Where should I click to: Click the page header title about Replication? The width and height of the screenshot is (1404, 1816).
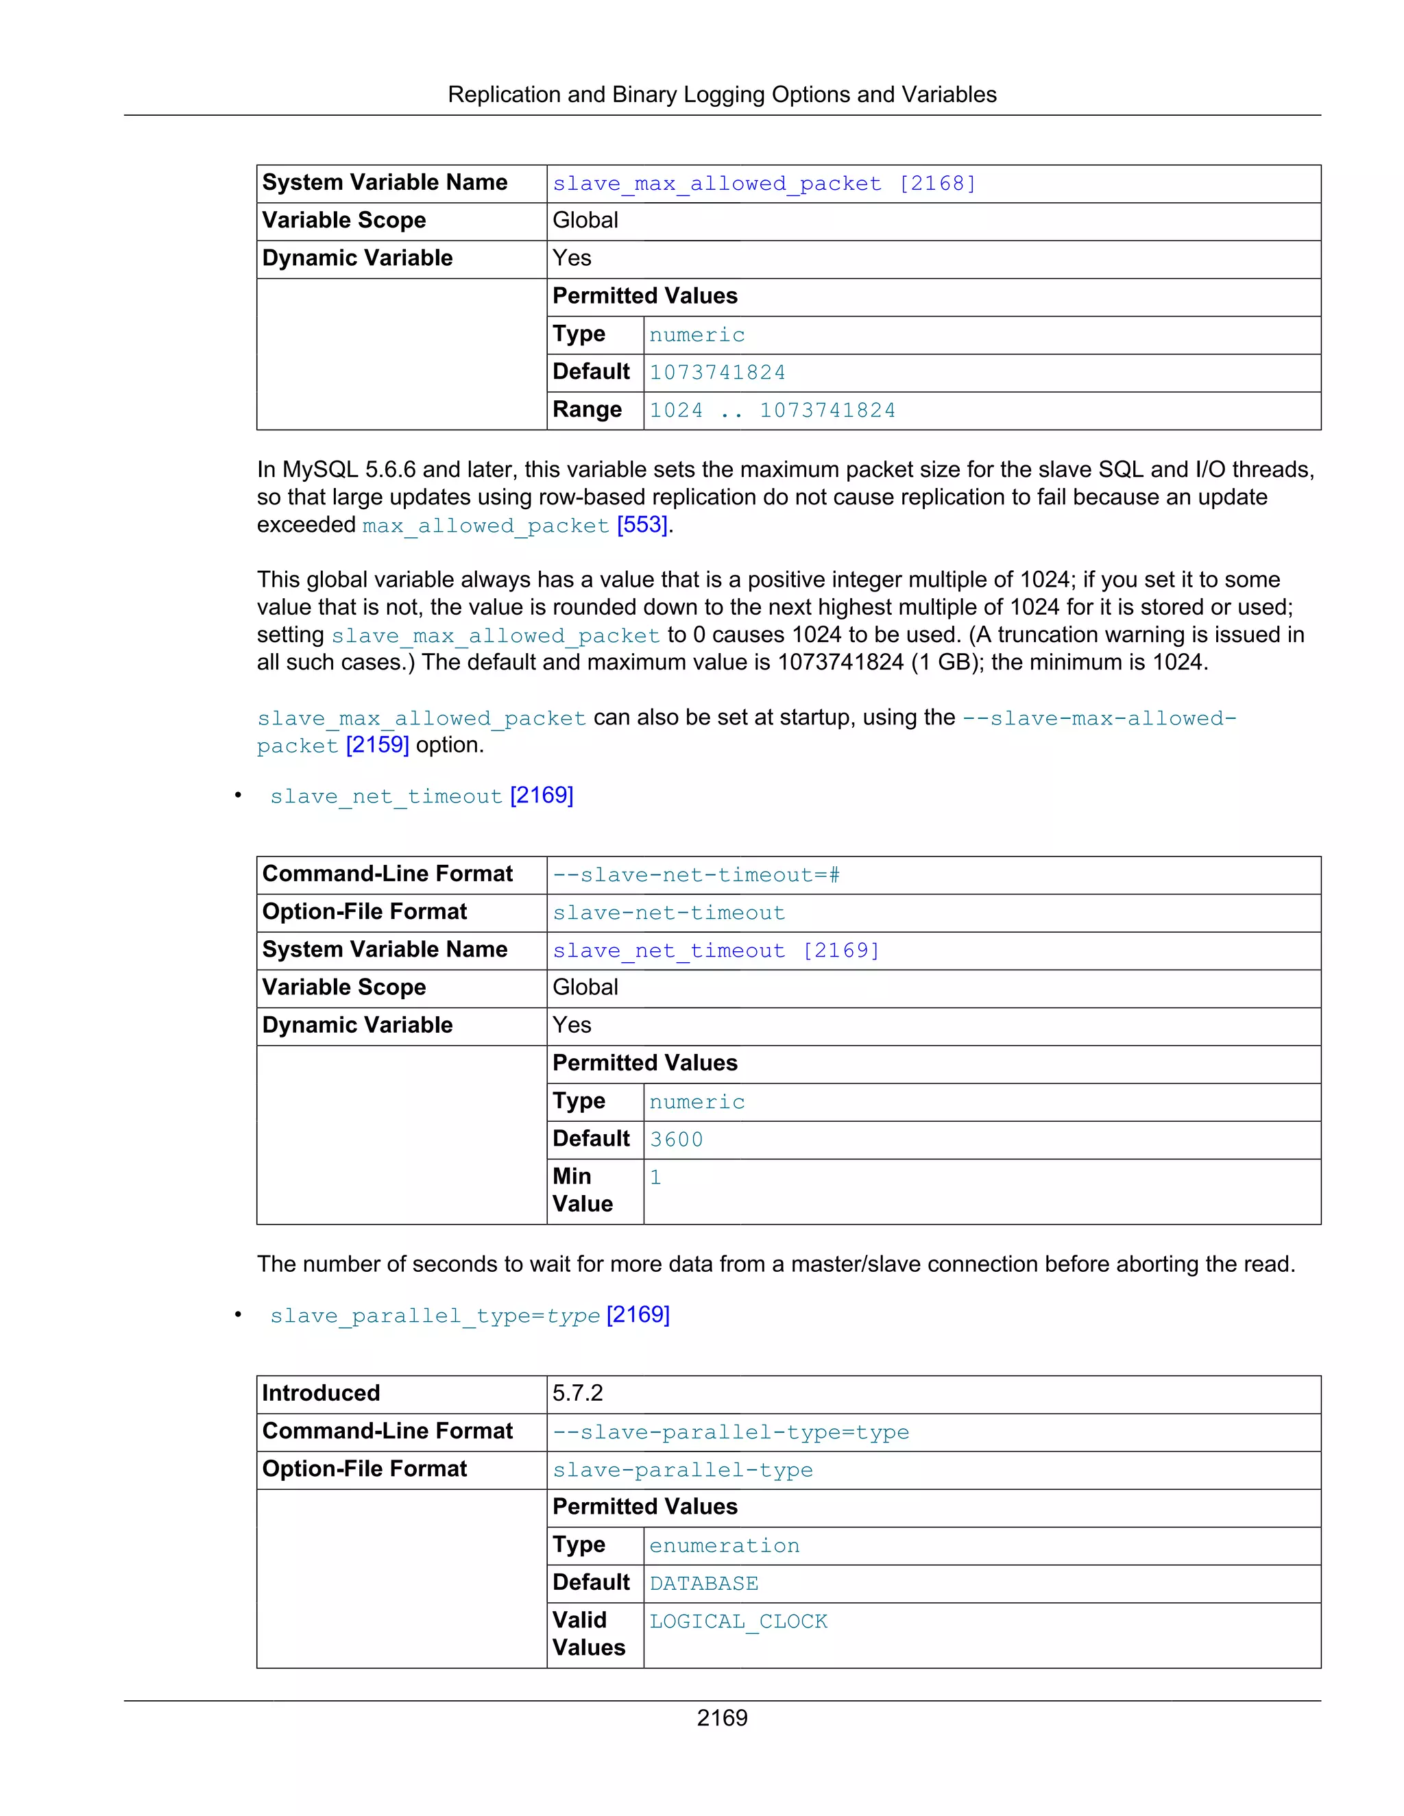[x=721, y=94]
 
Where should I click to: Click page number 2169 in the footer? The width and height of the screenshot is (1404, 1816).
[x=721, y=1717]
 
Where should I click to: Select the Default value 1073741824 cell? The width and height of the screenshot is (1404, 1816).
[x=717, y=373]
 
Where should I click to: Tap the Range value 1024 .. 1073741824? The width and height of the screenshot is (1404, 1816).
[x=771, y=410]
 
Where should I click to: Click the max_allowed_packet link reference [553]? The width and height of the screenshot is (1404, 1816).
[x=642, y=525]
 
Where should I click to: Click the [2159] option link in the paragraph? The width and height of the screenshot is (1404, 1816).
[x=377, y=744]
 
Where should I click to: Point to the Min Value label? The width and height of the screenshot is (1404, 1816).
[x=581, y=1190]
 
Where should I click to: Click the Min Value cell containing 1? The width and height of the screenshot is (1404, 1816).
[x=655, y=1177]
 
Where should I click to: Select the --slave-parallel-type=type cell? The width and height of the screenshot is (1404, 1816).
[x=730, y=1432]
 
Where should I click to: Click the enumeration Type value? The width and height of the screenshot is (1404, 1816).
[x=724, y=1546]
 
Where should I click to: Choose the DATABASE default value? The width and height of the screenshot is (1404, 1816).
[x=703, y=1583]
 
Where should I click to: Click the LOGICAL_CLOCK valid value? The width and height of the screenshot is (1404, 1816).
[x=738, y=1621]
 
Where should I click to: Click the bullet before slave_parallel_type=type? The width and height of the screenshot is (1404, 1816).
[x=238, y=1314]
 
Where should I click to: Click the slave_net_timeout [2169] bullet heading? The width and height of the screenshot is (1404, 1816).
[x=421, y=796]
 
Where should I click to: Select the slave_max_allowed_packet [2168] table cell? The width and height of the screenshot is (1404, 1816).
[x=764, y=184]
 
